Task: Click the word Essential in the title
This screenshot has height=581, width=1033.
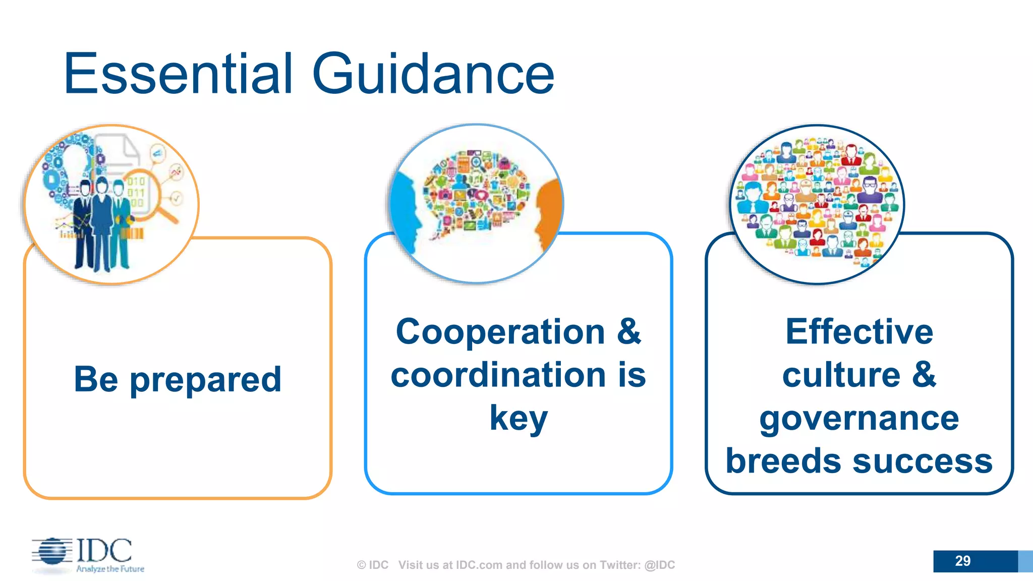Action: (x=178, y=75)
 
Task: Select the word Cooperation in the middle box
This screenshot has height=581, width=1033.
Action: (x=500, y=332)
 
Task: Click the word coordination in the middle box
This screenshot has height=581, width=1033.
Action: (x=498, y=375)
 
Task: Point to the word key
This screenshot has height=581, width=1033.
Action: (x=518, y=419)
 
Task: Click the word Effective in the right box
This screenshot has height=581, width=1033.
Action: (x=859, y=332)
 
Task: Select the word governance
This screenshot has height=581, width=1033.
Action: (x=859, y=419)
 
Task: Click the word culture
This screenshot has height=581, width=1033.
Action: (x=841, y=375)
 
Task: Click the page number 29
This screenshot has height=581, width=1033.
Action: (x=962, y=561)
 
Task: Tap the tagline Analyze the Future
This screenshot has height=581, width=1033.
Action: (x=110, y=569)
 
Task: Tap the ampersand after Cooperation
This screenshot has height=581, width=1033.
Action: (x=629, y=332)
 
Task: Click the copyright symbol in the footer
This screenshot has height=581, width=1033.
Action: (x=361, y=565)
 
